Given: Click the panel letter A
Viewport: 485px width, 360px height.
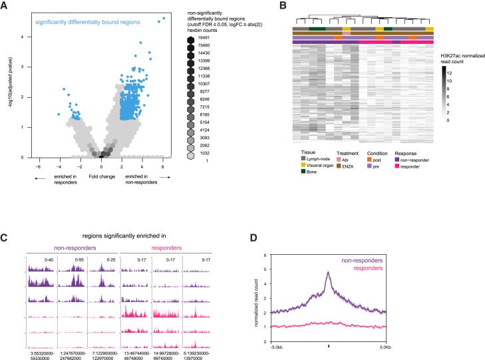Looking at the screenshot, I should pos(6,7).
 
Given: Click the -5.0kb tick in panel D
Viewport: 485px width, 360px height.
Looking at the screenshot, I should pos(277,346).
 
